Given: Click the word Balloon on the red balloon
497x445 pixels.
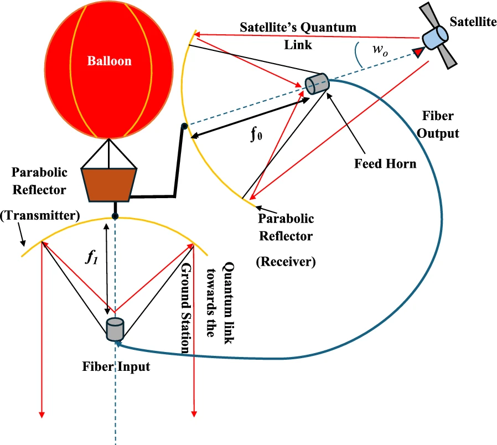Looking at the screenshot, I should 109,60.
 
